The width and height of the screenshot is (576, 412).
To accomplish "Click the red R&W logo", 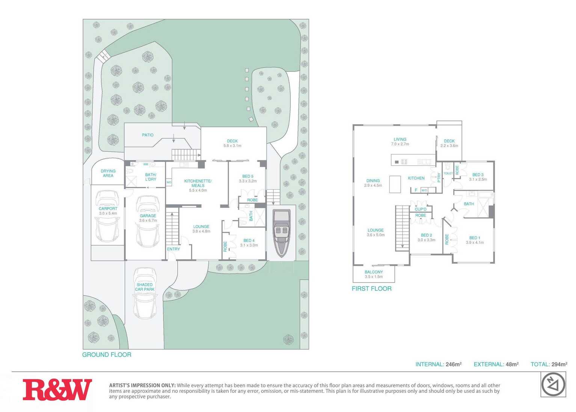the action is pyautogui.click(x=57, y=389).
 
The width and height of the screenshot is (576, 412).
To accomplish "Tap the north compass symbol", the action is pyautogui.click(x=553, y=385).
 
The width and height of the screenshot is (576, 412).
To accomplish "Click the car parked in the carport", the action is pyautogui.click(x=108, y=218).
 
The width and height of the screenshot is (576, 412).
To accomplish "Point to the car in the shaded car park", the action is pyautogui.click(x=145, y=293).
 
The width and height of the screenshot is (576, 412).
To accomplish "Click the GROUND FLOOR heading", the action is pyautogui.click(x=107, y=355).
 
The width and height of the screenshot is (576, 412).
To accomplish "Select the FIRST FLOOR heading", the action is pyautogui.click(x=372, y=289).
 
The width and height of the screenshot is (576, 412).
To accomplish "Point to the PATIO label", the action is pyautogui.click(x=148, y=135).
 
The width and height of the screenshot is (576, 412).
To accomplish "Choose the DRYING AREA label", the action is pyautogui.click(x=108, y=173).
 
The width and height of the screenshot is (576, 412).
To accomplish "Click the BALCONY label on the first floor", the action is pyautogui.click(x=374, y=272).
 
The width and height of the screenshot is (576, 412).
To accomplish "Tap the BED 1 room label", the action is pyautogui.click(x=475, y=238).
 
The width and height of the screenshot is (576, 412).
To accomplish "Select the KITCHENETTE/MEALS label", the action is pyautogui.click(x=198, y=183).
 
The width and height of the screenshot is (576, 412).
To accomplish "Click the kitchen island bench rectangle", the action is pyautogui.click(x=395, y=184).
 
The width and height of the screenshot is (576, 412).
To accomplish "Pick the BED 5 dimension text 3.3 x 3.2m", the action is pyautogui.click(x=247, y=181).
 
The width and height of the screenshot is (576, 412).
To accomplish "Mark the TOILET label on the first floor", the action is pyautogui.click(x=448, y=173).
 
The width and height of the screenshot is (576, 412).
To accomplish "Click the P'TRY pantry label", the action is pyautogui.click(x=439, y=177).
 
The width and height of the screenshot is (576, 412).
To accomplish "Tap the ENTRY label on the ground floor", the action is pyautogui.click(x=173, y=249).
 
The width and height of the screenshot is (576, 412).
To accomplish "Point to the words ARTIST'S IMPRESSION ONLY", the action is pyautogui.click(x=142, y=385).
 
